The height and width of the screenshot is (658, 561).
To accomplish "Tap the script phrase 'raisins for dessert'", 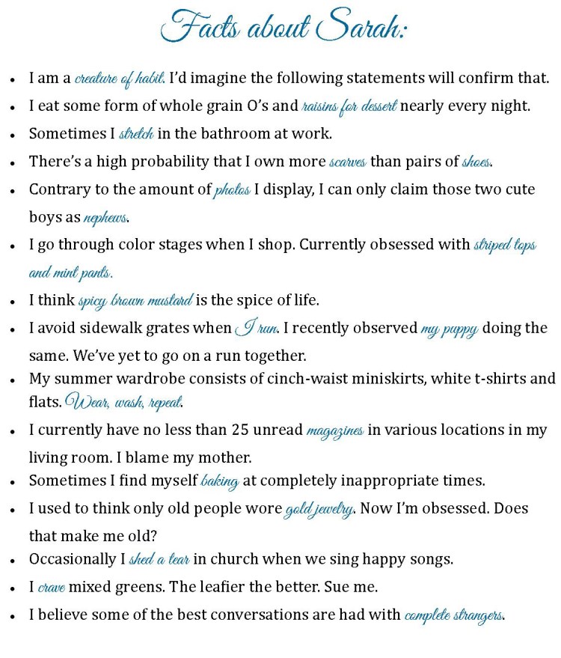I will point(349,106).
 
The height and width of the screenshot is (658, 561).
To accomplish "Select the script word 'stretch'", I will point(136,135).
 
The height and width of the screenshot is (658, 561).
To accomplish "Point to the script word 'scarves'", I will point(348,162).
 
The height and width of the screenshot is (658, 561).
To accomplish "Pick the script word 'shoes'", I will point(476,162).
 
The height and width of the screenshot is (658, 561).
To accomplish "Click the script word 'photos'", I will point(232,190).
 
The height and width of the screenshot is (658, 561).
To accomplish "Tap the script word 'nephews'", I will point(105,219).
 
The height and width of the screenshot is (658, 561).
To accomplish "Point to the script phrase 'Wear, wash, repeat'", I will point(123,402).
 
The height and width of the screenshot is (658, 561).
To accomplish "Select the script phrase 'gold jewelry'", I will point(319,510).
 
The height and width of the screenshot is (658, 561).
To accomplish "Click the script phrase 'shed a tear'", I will point(159,560).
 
